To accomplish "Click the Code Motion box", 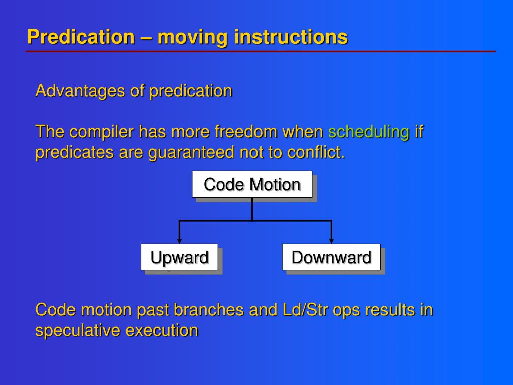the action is pyautogui.click(x=252, y=184).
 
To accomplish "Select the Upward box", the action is pyautogui.click(x=180, y=257).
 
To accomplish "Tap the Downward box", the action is pyautogui.click(x=331, y=257).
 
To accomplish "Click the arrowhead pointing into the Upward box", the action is pyautogui.click(x=179, y=241).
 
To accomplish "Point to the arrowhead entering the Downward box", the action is pyautogui.click(x=331, y=241).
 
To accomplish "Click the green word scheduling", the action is pyautogui.click(x=369, y=132).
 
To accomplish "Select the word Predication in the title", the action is pyautogui.click(x=81, y=37).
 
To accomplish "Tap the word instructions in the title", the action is pyautogui.click(x=291, y=37).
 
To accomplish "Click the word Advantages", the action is pyautogui.click(x=80, y=91).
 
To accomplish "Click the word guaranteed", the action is pyautogui.click(x=191, y=152).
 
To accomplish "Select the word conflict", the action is pyautogui.click(x=316, y=152).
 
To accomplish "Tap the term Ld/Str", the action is pyautogui.click(x=305, y=310).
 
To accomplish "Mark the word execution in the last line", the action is pyautogui.click(x=162, y=330).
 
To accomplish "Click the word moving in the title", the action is pyautogui.click(x=193, y=37).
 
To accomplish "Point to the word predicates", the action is pyautogui.click(x=74, y=152).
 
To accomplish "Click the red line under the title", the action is pyautogui.click(x=261, y=52).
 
